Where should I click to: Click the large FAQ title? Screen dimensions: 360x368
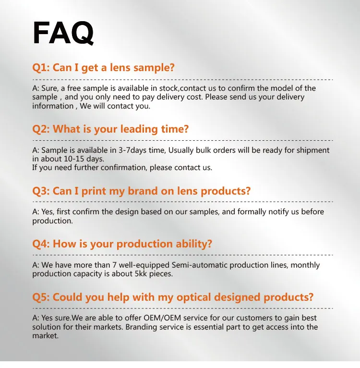tap(63, 33)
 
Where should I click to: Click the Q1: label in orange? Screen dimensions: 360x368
tap(41, 68)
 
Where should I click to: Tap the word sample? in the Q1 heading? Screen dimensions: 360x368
tap(154, 68)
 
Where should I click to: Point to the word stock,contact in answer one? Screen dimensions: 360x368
tap(183, 88)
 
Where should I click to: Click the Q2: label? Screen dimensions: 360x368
tap(41, 129)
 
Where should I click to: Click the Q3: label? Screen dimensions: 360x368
tap(41, 191)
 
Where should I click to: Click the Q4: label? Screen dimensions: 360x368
tap(41, 244)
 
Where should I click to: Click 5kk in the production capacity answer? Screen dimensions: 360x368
tap(141, 274)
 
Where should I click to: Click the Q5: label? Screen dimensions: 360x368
tap(41, 297)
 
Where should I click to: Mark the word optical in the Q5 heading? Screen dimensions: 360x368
tap(194, 297)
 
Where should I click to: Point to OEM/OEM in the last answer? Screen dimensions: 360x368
tap(162, 318)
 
